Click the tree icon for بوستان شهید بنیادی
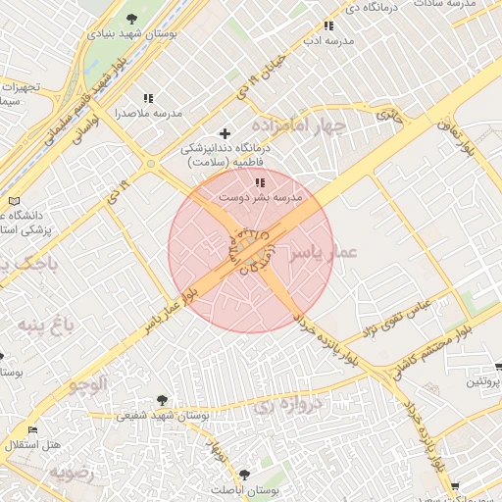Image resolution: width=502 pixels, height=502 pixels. point(132,20)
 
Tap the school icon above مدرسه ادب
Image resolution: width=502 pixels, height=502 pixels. point(327,27)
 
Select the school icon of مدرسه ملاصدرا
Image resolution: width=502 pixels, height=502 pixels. point(148,98)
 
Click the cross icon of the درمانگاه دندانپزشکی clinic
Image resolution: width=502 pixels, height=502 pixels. point(226,132)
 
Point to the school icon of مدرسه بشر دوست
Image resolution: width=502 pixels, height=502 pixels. point(260,182)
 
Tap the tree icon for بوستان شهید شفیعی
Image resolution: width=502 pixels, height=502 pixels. point(162,399)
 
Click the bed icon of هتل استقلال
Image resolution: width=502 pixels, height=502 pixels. point(32,429)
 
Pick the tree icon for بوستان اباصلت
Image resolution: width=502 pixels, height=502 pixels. point(244,474)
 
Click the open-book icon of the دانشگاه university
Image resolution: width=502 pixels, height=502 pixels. point(13,200)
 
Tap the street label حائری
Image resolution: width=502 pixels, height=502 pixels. point(390,115)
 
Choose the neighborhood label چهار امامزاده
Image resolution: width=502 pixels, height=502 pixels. point(299,125)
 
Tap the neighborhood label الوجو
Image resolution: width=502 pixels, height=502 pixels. point(88,383)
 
